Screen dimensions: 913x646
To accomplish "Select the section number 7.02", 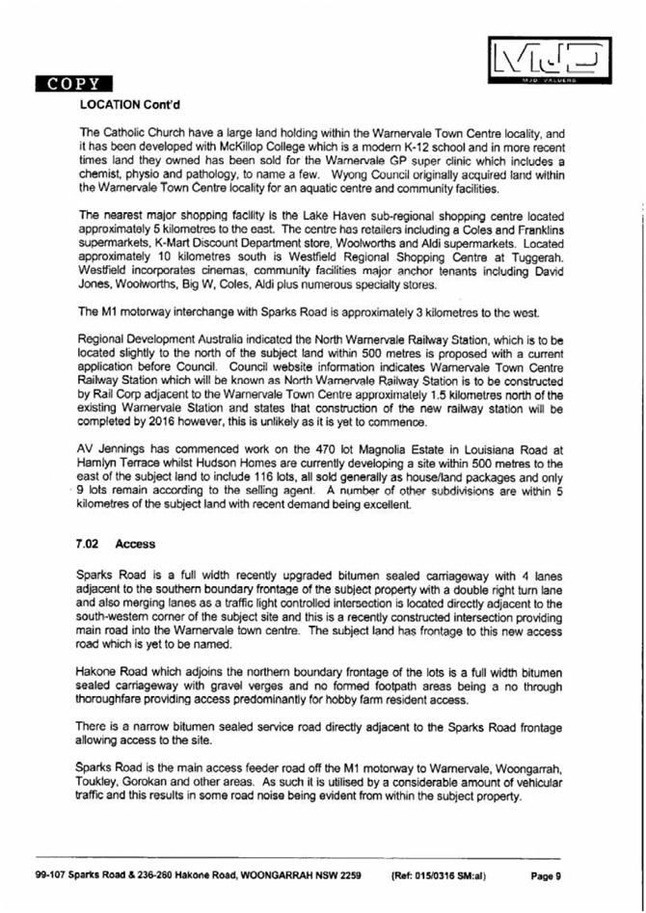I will pos(92,544).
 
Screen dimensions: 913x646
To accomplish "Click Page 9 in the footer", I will pos(546,876).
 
